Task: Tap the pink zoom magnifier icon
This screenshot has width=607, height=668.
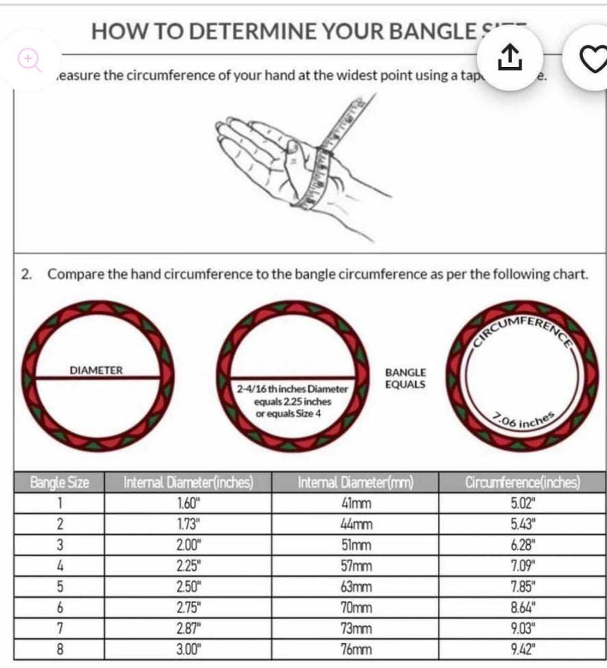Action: pos(29,60)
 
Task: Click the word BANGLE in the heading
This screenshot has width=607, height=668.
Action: pos(421,32)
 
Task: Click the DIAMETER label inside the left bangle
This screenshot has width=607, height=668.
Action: pos(97,371)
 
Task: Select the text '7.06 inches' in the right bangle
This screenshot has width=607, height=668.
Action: pos(523,420)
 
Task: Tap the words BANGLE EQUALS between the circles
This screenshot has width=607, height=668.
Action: pos(405,378)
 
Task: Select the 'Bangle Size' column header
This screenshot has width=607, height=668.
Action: pos(59,482)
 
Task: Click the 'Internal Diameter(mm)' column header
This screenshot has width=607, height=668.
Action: pos(355,482)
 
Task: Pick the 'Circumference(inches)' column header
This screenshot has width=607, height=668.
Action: pos(522,482)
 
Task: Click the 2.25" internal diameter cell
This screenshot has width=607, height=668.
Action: pos(188,566)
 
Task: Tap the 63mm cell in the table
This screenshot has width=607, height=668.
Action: pos(356,586)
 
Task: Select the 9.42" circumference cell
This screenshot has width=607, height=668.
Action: pos(523,649)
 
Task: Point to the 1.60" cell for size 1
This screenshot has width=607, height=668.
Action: pos(188,504)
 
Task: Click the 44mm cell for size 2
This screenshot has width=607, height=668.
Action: pos(356,524)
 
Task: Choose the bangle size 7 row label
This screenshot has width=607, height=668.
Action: pos(59,628)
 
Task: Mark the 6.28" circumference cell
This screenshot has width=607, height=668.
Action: pos(523,545)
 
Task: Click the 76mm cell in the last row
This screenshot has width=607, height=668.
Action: pos(356,649)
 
